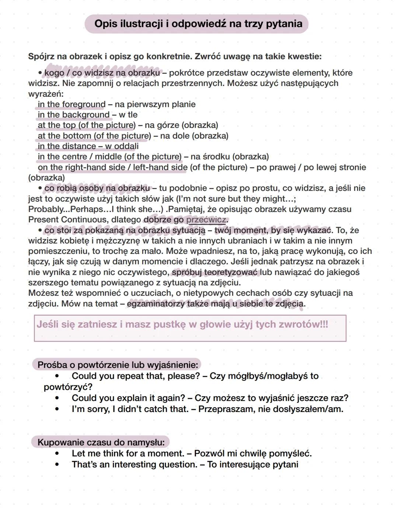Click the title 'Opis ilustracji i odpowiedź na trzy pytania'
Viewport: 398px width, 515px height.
tap(198, 24)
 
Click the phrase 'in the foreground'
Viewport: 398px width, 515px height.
tap(71, 104)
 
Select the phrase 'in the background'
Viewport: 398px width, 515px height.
tap(74, 115)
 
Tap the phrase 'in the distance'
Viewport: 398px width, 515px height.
tap(67, 146)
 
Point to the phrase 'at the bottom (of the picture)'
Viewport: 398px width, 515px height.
tap(94, 136)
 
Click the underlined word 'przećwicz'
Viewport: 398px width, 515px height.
tap(206, 220)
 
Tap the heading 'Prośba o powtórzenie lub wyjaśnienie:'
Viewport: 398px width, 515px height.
tap(118, 365)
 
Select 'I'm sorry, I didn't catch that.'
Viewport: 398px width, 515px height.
tap(130, 409)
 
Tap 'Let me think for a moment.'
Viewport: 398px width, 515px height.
tap(128, 453)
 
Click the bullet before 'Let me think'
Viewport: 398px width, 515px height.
tap(57, 453)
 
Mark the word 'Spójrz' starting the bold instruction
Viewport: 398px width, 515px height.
tap(42, 57)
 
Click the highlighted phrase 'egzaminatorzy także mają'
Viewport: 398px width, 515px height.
tap(178, 304)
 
